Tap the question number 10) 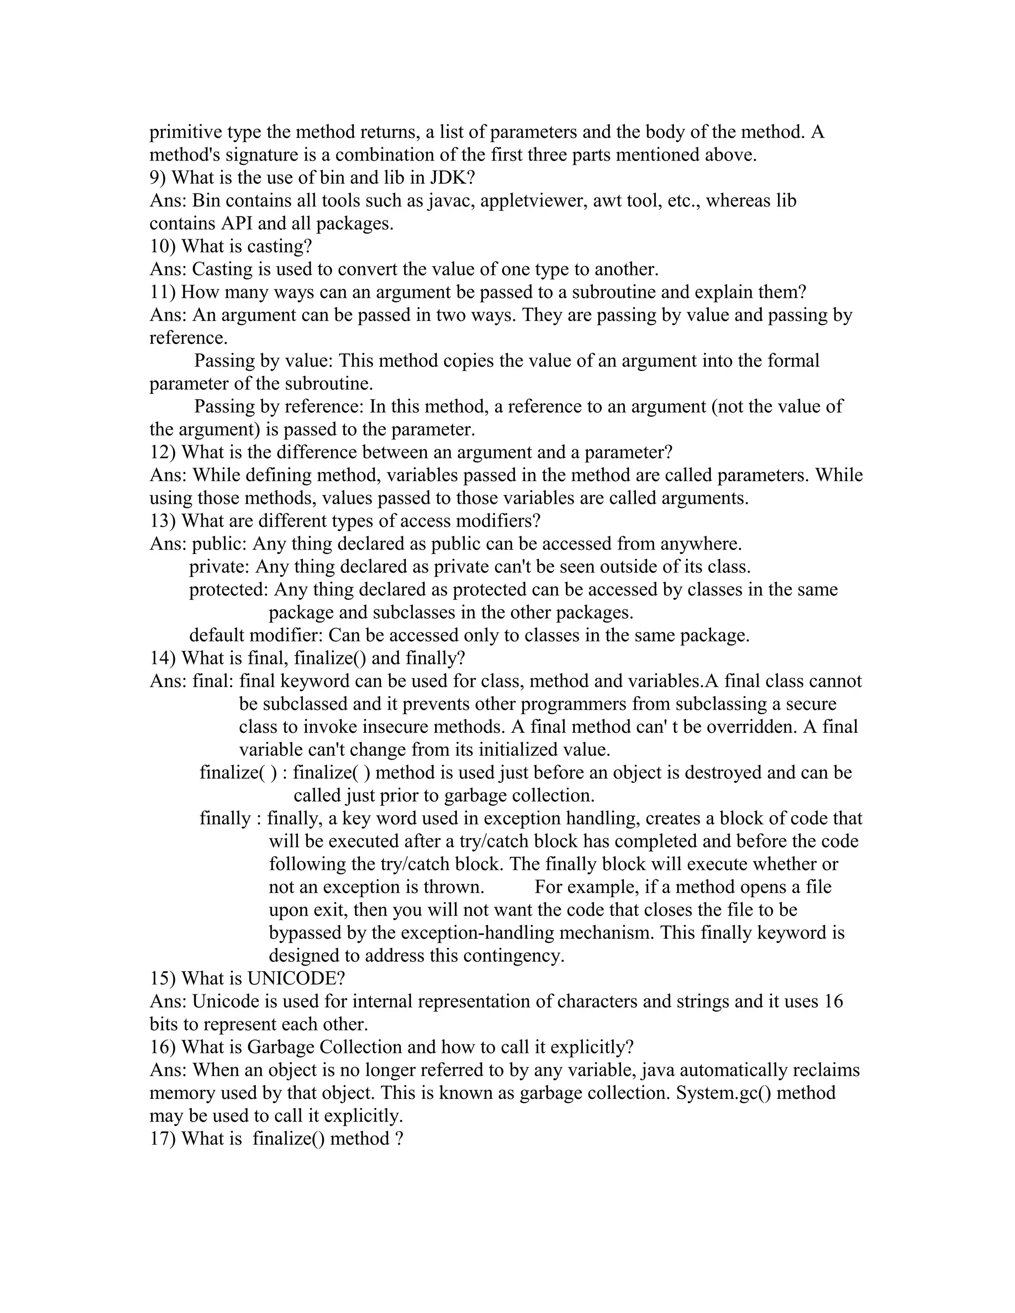pyautogui.click(x=163, y=246)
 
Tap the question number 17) pyautogui.click(x=163, y=1139)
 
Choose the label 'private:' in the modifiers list pyautogui.click(x=220, y=567)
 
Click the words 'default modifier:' pyautogui.click(x=256, y=636)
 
